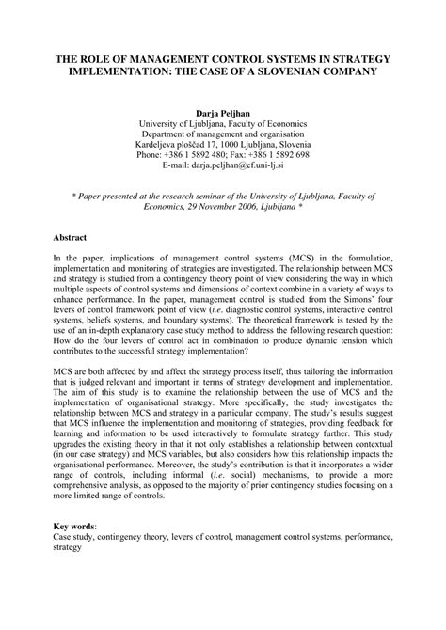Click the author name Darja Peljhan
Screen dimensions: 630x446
(222, 111)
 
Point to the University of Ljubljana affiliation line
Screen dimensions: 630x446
(222, 123)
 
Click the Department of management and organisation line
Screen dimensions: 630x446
(222, 134)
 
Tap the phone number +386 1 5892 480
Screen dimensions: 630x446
(199, 158)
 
